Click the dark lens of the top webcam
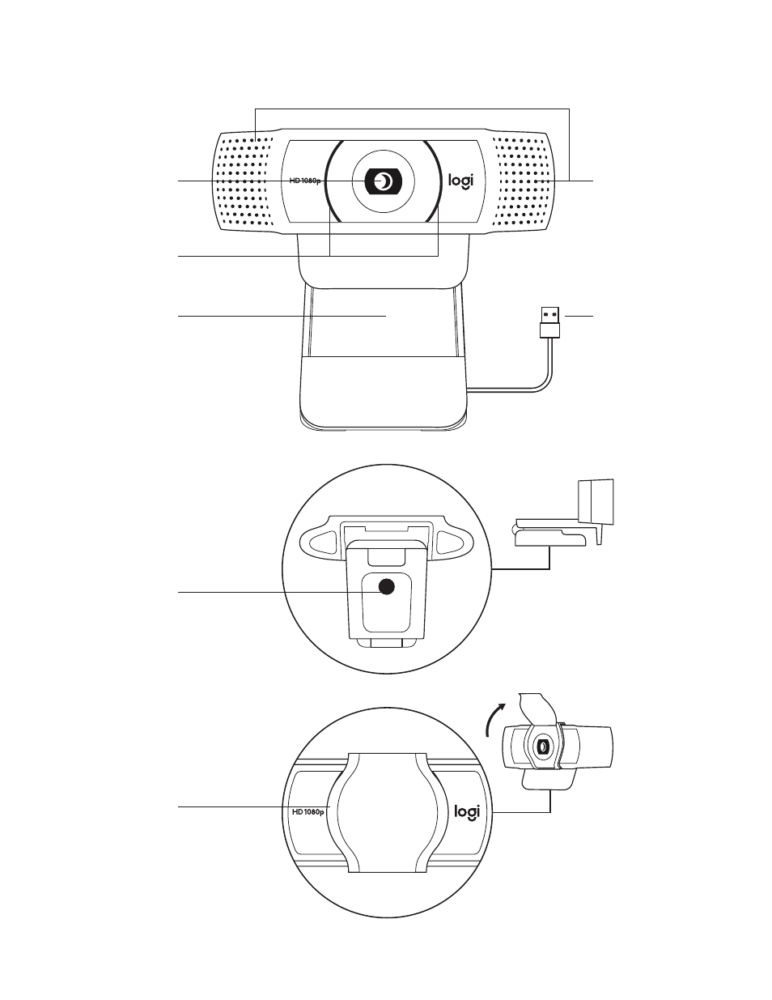tap(384, 181)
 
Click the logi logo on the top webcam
tap(460, 181)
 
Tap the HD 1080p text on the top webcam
tap(304, 181)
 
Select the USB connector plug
tap(551, 321)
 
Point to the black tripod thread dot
tap(387, 585)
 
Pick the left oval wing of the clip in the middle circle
tap(320, 543)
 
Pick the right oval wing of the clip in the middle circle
tap(453, 543)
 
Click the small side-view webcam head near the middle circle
tap(596, 502)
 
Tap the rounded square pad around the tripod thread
tap(386, 603)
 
